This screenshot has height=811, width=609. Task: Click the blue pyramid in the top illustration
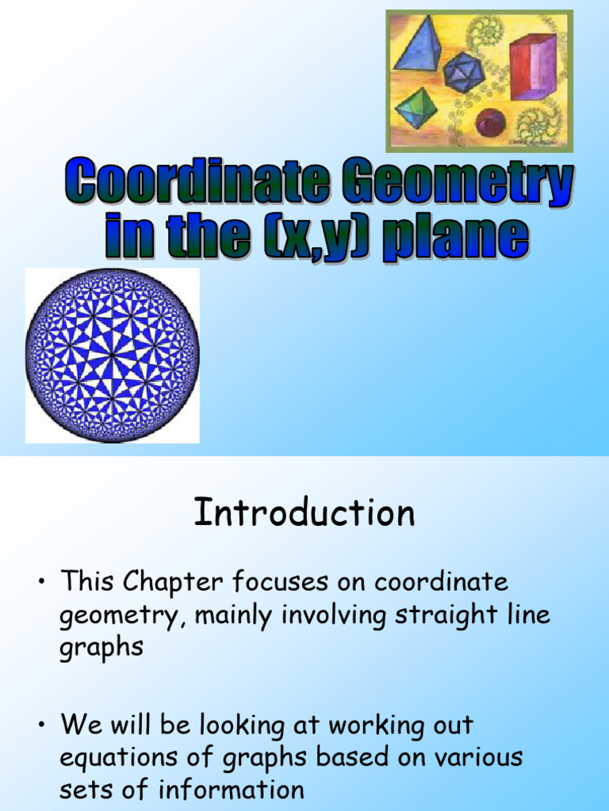[418, 45]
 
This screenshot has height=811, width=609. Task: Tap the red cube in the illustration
[532, 67]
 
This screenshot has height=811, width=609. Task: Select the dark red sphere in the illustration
[490, 123]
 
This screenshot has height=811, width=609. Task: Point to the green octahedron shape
[415, 108]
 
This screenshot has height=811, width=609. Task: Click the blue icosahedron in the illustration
[463, 72]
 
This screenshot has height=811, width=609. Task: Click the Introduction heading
[304, 513]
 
